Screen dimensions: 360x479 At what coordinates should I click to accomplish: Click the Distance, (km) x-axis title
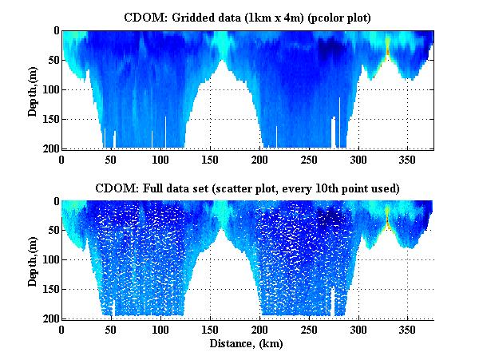(x=247, y=343)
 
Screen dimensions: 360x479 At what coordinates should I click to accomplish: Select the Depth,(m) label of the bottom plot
(x=33, y=260)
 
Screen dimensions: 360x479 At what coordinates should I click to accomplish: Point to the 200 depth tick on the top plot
(x=49, y=149)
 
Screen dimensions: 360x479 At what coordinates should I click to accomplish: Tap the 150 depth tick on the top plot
(x=49, y=119)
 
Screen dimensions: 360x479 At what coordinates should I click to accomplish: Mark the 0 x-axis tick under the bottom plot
(x=62, y=330)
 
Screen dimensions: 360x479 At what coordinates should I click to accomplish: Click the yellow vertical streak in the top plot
(x=387, y=49)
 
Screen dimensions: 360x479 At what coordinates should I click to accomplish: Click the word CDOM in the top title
(x=141, y=16)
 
